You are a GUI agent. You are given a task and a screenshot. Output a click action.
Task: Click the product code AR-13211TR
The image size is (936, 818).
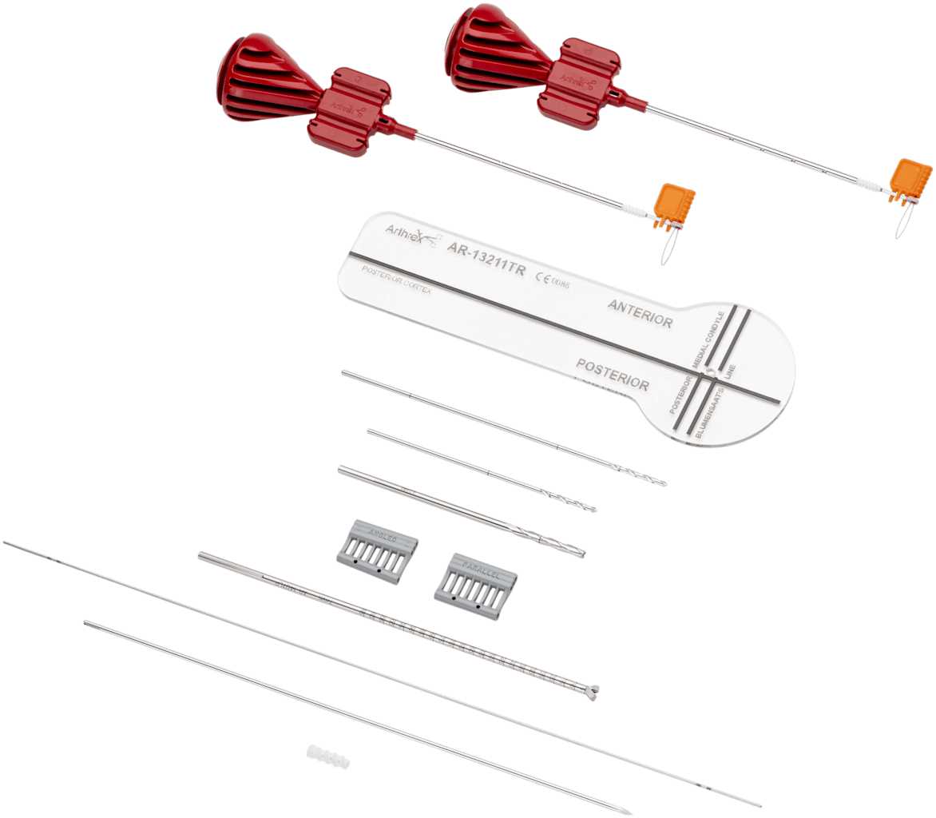tap(486, 260)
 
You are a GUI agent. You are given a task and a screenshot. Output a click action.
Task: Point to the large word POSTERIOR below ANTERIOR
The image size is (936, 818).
tap(613, 374)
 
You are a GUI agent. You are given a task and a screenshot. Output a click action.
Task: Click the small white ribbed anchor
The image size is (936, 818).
tap(327, 754)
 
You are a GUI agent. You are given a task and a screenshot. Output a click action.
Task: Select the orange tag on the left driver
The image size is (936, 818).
tap(675, 206)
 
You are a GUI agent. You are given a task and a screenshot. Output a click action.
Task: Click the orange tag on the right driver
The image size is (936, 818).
tap(911, 179)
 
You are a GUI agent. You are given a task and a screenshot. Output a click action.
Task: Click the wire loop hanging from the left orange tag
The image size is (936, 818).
tap(668, 250)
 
